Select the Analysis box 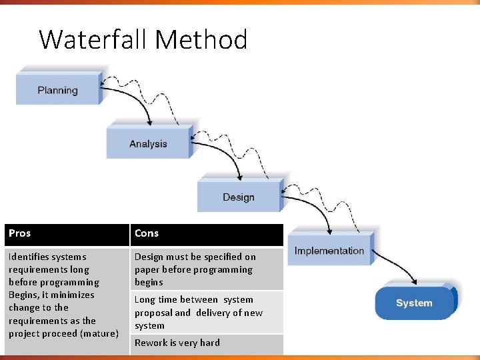click(x=148, y=143)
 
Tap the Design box click(x=238, y=197)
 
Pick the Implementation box click(x=329, y=251)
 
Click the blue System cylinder click(x=414, y=303)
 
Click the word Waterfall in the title click(x=94, y=40)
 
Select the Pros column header click(x=20, y=233)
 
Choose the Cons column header click(x=147, y=233)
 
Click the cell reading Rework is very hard click(x=177, y=343)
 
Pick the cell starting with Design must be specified click(x=195, y=269)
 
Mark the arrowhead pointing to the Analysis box click(x=151, y=122)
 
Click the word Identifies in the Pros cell click(x=29, y=257)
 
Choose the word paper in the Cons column click(x=147, y=269)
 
